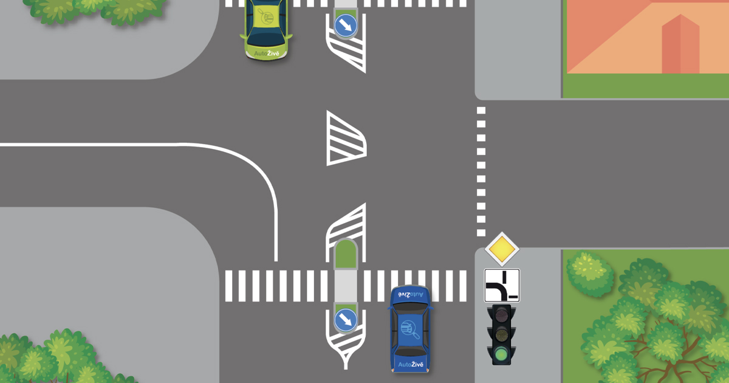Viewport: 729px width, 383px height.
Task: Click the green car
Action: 267,27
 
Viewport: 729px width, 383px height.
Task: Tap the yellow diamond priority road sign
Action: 502,249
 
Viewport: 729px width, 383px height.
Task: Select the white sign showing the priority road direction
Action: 502,285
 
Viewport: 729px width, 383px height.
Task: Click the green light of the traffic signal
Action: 502,354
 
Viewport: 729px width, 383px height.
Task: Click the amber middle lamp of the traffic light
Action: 502,334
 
